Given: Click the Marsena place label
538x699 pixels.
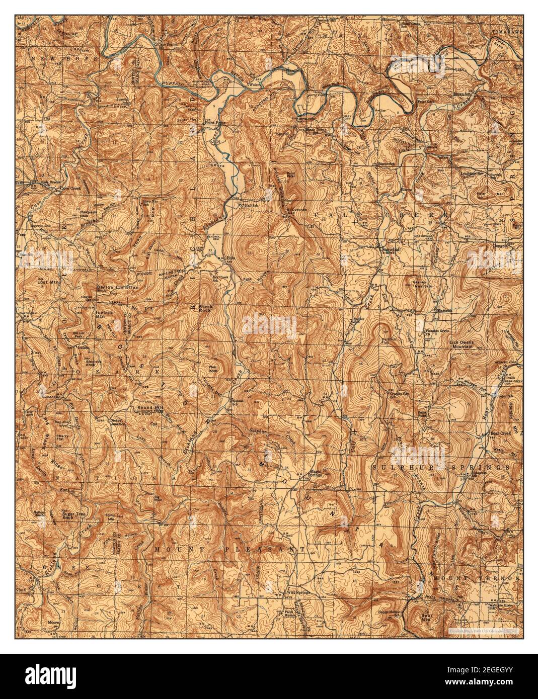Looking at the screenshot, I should tap(444, 311).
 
